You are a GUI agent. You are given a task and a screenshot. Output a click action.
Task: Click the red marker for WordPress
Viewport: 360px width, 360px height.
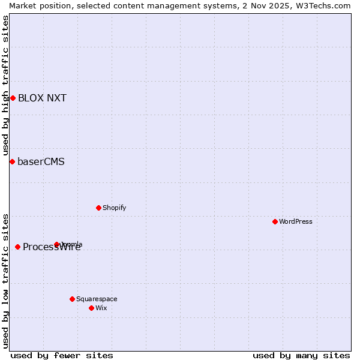point(275,221)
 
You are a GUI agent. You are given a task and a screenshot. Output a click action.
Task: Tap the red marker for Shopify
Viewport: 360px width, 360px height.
point(98,208)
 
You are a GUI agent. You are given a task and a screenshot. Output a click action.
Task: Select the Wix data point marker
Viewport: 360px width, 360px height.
point(91,308)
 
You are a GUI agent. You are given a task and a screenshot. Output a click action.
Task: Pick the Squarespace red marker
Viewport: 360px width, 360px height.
point(72,299)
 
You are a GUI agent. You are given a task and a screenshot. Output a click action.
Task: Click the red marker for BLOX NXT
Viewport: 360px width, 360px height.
point(13,98)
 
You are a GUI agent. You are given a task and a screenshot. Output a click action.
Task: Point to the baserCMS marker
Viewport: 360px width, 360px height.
point(12,161)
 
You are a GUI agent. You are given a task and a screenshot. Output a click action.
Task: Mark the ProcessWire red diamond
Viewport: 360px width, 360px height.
point(17,247)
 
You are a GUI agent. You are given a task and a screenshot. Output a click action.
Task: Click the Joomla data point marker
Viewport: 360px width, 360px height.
point(57,244)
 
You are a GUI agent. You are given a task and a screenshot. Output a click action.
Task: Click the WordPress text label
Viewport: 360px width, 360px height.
point(296,221)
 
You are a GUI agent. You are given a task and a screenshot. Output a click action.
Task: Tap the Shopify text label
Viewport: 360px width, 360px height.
point(114,208)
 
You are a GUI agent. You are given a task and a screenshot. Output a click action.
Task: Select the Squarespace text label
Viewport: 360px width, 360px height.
point(97,299)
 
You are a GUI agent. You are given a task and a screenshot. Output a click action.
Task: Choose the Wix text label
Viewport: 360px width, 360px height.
point(101,308)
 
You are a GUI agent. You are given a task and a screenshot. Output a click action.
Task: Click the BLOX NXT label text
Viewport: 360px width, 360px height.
point(42,98)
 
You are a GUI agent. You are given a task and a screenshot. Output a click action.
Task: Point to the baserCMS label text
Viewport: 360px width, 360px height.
point(41,161)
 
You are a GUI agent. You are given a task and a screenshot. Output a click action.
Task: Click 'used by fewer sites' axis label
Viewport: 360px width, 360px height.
point(62,355)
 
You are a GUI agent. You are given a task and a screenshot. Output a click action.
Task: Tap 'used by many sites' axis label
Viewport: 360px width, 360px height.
point(301,355)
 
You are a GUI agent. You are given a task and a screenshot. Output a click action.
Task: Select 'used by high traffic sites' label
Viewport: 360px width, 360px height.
point(5,85)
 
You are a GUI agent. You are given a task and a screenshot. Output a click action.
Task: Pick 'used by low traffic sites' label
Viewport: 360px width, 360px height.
point(5,281)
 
